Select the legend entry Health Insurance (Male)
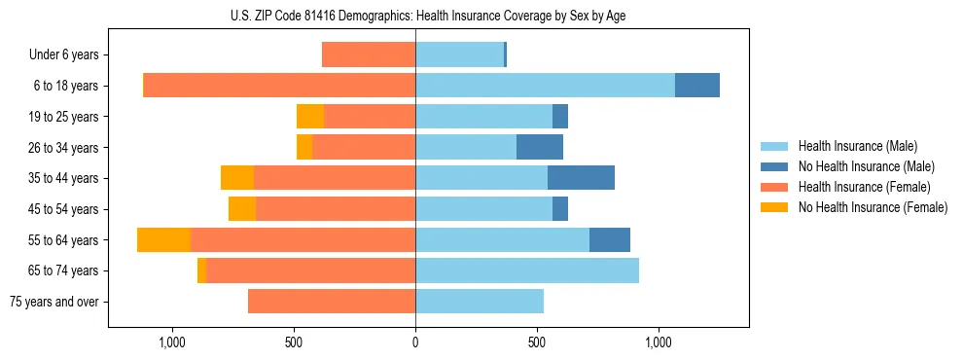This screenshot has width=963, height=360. click(x=857, y=146)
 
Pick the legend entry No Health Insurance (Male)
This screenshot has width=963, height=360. click(x=866, y=166)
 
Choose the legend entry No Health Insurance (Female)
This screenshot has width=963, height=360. click(x=873, y=207)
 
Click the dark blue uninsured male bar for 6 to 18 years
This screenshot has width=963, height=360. click(x=697, y=86)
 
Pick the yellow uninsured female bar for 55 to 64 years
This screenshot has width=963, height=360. click(x=163, y=240)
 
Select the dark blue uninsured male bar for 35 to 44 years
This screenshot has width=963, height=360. click(x=581, y=178)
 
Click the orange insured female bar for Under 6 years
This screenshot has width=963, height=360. click(x=369, y=55)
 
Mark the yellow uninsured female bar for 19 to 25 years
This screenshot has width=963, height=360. click(x=310, y=117)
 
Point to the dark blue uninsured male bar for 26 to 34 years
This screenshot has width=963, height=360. click(x=540, y=148)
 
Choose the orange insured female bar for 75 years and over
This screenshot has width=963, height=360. click(x=332, y=302)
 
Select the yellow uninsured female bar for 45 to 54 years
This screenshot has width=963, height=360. click(x=242, y=209)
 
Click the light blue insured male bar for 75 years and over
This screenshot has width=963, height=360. click(x=480, y=302)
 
